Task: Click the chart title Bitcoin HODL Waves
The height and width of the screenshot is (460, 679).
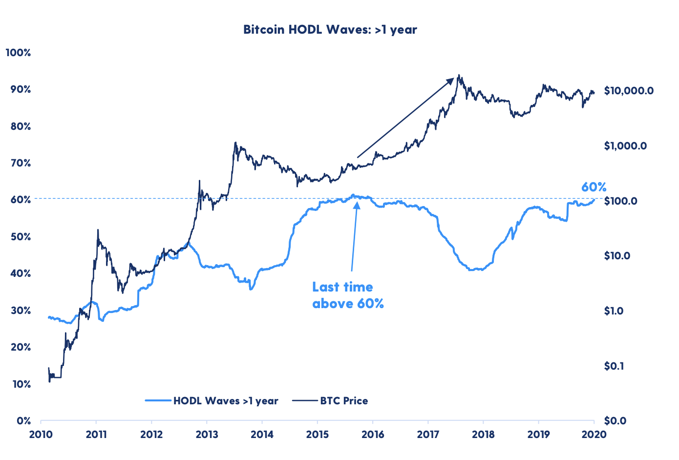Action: (x=330, y=30)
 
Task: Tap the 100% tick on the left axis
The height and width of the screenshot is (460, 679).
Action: (x=19, y=52)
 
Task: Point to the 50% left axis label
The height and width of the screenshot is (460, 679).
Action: (x=21, y=237)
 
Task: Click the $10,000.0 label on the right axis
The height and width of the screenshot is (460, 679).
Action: (x=628, y=91)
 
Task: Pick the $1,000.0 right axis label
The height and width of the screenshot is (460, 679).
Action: (x=625, y=146)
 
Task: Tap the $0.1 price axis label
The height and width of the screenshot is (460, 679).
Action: (x=614, y=366)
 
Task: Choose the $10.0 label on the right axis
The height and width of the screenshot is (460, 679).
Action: (x=616, y=256)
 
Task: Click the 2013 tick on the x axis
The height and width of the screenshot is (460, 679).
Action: (x=207, y=434)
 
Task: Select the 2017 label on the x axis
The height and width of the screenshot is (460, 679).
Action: (x=428, y=434)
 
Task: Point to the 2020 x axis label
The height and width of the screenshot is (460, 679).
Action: (x=594, y=434)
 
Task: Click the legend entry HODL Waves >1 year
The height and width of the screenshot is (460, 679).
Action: (x=226, y=401)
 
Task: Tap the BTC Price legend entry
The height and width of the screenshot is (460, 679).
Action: (x=344, y=401)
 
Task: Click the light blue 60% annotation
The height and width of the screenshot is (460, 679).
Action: (x=594, y=187)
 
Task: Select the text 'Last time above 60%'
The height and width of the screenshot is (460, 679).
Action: (x=348, y=295)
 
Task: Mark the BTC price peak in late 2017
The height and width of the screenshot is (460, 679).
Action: (x=459, y=75)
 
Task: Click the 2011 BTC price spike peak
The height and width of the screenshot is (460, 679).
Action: (x=98, y=230)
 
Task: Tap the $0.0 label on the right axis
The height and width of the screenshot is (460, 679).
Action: (x=615, y=421)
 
